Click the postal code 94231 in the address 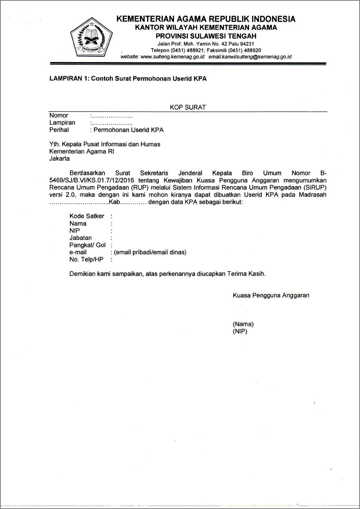[x=247, y=44]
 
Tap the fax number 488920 [x=253, y=50]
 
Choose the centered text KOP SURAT [x=188, y=107]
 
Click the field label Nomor [x=59, y=115]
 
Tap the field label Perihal [x=59, y=130]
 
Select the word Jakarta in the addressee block [x=59, y=159]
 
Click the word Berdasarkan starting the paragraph [x=87, y=173]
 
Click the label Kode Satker [x=87, y=216]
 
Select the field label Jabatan [x=81, y=238]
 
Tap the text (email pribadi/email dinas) [x=150, y=252]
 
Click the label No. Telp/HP [x=86, y=260]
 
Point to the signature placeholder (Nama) [x=243, y=324]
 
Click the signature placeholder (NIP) [x=240, y=331]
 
